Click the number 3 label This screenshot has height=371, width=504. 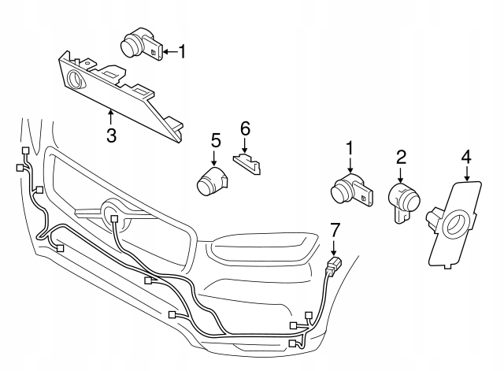[111, 135]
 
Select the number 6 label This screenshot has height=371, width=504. [244, 128]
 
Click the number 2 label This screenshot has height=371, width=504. [401, 157]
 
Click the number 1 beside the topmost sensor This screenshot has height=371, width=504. [183, 53]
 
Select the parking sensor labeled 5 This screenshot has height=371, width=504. [211, 181]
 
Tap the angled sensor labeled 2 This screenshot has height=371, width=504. [405, 202]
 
